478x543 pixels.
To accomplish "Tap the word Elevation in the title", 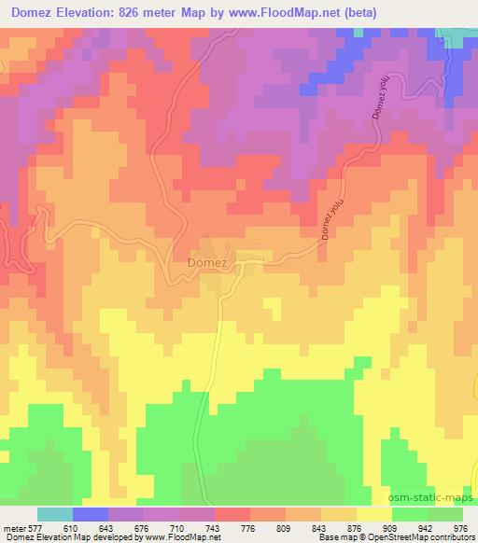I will pyautogui.click(x=95, y=12).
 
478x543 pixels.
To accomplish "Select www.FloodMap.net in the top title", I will pyautogui.click(x=317, y=12).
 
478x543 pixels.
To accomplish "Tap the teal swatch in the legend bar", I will pyautogui.click(x=54, y=515).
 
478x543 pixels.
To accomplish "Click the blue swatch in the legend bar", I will pyautogui.click(x=91, y=515).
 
